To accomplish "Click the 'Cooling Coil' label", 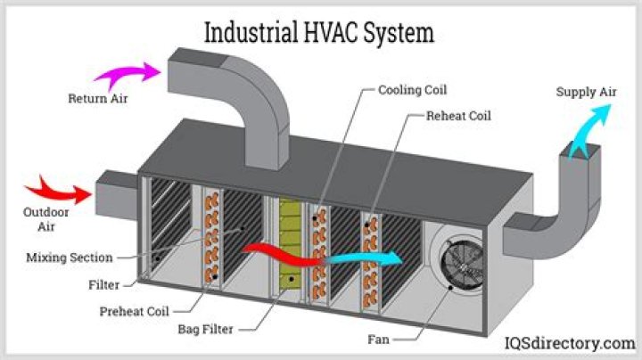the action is pyautogui.click(x=412, y=90).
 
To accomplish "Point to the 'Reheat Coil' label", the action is pyautogui.click(x=458, y=116).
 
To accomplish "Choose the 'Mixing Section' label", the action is pyautogui.click(x=70, y=258).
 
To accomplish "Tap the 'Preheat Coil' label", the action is pyautogui.click(x=135, y=311).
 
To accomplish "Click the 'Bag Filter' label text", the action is pyautogui.click(x=206, y=330).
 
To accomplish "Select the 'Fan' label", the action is pyautogui.click(x=378, y=340).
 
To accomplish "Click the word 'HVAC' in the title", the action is pyautogui.click(x=330, y=32).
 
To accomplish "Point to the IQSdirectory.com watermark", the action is pyautogui.click(x=570, y=343).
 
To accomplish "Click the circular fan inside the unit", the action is pyautogui.click(x=462, y=266).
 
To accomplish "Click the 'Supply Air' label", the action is pyautogui.click(x=587, y=92).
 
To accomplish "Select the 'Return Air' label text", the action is pyautogui.click(x=98, y=99).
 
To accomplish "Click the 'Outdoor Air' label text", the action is pyautogui.click(x=45, y=219).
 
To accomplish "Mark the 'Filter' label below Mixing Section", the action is pyautogui.click(x=104, y=285).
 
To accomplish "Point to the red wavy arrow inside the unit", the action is pyautogui.click(x=284, y=255).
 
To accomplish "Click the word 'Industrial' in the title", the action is pyautogui.click(x=251, y=32).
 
